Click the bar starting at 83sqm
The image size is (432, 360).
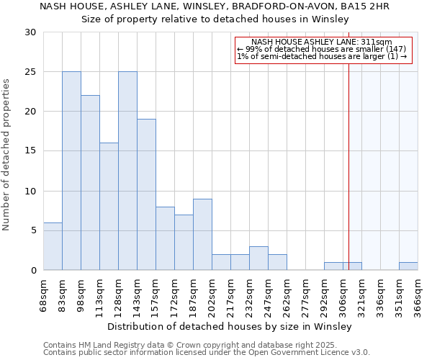click(x=71, y=171)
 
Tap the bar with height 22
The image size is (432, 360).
click(x=90, y=183)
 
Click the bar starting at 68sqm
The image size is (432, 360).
click(x=53, y=246)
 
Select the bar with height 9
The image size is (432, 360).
click(x=202, y=234)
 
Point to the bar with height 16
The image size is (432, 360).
click(x=109, y=207)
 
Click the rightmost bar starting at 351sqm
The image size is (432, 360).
click(x=408, y=266)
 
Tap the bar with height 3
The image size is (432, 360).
click(x=258, y=258)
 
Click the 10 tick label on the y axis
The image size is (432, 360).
click(x=30, y=192)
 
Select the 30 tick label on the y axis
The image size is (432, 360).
click(x=30, y=32)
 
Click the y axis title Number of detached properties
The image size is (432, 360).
click(x=7, y=154)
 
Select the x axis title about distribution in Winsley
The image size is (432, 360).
click(x=225, y=326)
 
